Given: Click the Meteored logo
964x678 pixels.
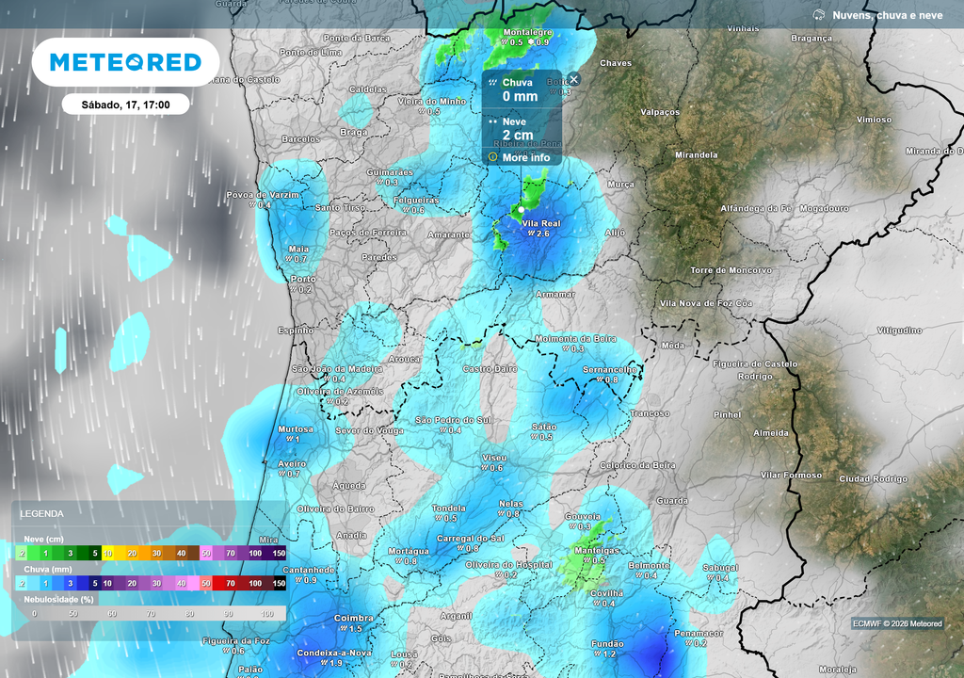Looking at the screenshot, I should [125, 63].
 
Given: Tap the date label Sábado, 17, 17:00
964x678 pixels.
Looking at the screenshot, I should [125, 105].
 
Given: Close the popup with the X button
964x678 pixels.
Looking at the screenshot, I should [573, 79].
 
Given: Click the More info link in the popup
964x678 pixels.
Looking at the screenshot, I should [525, 157].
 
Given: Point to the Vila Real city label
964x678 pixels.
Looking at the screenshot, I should [540, 222].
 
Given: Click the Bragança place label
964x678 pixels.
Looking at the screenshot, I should [811, 39].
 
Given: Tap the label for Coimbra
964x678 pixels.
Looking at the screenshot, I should [354, 619].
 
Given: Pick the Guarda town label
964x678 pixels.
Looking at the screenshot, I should [672, 501].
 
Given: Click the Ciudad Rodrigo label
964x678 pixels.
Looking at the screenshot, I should [873, 479].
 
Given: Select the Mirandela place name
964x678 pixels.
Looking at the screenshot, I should [696, 155].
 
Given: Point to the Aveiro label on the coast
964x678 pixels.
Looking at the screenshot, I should [292, 464].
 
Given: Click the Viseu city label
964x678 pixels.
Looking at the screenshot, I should [494, 458].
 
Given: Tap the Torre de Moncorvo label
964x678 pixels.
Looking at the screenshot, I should [731, 270].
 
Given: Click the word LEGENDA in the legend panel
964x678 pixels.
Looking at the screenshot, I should [42, 514].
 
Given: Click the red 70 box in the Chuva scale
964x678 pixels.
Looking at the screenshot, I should [230, 584].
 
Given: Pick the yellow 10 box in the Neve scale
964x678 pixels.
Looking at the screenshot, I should [108, 554].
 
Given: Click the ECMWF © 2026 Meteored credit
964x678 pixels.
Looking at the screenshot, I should [896, 623].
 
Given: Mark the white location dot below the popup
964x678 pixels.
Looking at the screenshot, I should [520, 209].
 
